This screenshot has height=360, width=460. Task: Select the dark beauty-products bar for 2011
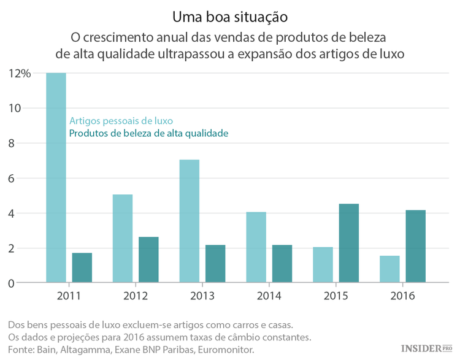pyautogui.click(x=82, y=268)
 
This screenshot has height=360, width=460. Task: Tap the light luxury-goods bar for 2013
pyautogui.click(x=189, y=221)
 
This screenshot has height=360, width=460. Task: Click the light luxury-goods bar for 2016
pyautogui.click(x=389, y=269)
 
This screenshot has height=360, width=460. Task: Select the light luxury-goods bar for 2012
pyautogui.click(x=123, y=239)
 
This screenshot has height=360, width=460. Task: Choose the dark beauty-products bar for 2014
pyautogui.click(x=282, y=264)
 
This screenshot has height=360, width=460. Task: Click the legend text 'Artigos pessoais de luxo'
pyautogui.click(x=121, y=121)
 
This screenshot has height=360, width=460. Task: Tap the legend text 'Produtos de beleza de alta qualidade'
pyautogui.click(x=148, y=133)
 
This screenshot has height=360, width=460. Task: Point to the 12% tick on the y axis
pyautogui.click(x=20, y=74)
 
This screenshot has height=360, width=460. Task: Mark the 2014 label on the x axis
pyautogui.click(x=269, y=296)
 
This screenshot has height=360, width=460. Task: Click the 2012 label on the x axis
pyautogui.click(x=136, y=296)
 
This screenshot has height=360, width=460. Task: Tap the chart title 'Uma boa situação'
pyautogui.click(x=229, y=14)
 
